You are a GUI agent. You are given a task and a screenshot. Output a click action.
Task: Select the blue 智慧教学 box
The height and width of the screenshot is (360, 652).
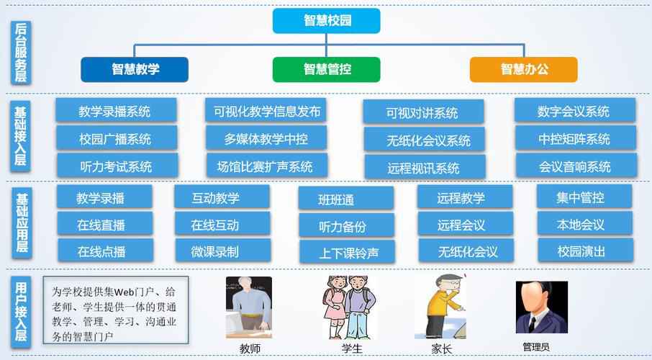click(135, 69)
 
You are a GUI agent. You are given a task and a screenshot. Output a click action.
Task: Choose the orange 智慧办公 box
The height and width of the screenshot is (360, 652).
click(523, 69)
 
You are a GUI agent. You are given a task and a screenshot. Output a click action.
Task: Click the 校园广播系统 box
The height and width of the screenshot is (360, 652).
click(116, 139)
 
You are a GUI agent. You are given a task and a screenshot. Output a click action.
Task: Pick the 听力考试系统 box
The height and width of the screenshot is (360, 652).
click(116, 166)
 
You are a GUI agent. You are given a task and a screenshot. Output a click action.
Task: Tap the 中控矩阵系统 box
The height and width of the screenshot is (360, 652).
click(574, 138)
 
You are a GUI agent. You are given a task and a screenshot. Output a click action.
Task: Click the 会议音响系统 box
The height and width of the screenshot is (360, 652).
click(574, 166)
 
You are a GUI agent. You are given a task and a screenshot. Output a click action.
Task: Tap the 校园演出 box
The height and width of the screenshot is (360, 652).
click(584, 251)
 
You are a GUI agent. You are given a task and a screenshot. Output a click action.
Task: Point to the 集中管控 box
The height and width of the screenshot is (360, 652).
click(584, 197)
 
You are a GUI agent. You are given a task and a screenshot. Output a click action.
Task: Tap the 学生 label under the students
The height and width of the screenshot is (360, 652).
click(352, 348)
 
